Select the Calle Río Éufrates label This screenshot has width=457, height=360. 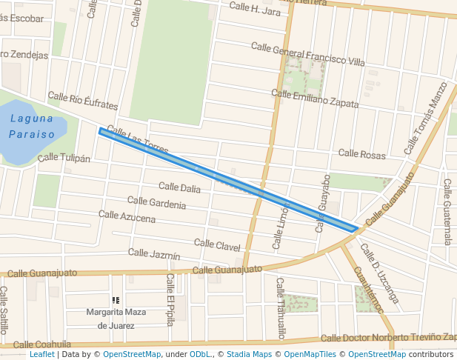(x=83, y=101)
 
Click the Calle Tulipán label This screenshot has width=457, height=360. (x=64, y=158)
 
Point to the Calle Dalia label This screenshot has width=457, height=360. (x=179, y=189)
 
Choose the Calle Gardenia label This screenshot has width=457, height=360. (x=156, y=202)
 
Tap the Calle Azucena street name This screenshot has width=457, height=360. (x=127, y=216)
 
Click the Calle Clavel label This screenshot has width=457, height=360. (x=217, y=244)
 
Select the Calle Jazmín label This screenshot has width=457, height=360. (x=154, y=254)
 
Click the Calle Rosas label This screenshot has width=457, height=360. (x=362, y=154)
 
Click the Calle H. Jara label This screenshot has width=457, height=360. (x=255, y=10)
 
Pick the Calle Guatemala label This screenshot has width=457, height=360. (x=448, y=211)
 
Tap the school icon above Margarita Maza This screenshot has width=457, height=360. (x=115, y=300)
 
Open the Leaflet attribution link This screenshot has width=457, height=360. (x=41, y=355)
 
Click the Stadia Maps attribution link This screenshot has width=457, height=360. (x=249, y=355)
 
